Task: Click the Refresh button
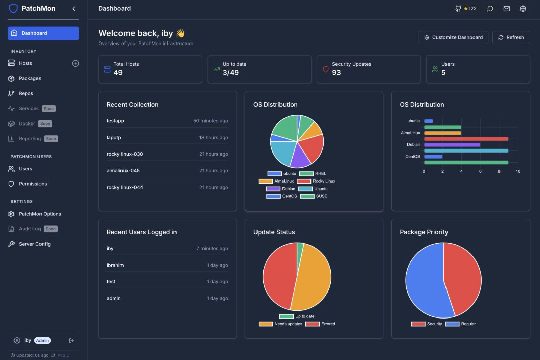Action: coord(511,37)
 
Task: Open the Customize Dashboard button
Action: coord(453,37)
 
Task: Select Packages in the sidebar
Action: coord(30,78)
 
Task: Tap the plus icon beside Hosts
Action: coord(76,63)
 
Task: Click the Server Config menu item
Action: coord(34,244)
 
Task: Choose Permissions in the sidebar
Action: coord(33,184)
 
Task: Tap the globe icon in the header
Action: coord(523,9)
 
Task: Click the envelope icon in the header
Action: coord(507,9)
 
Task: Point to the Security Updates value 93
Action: coord(336,73)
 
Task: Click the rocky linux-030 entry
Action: coord(125,154)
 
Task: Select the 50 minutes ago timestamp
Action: coord(211,121)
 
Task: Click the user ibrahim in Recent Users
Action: coord(115,265)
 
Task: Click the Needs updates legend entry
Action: coord(281,324)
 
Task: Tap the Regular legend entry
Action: coord(461,324)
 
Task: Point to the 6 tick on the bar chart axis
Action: coord(480,171)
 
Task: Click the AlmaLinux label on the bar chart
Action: coord(410,133)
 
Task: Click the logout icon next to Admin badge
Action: coord(71,341)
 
